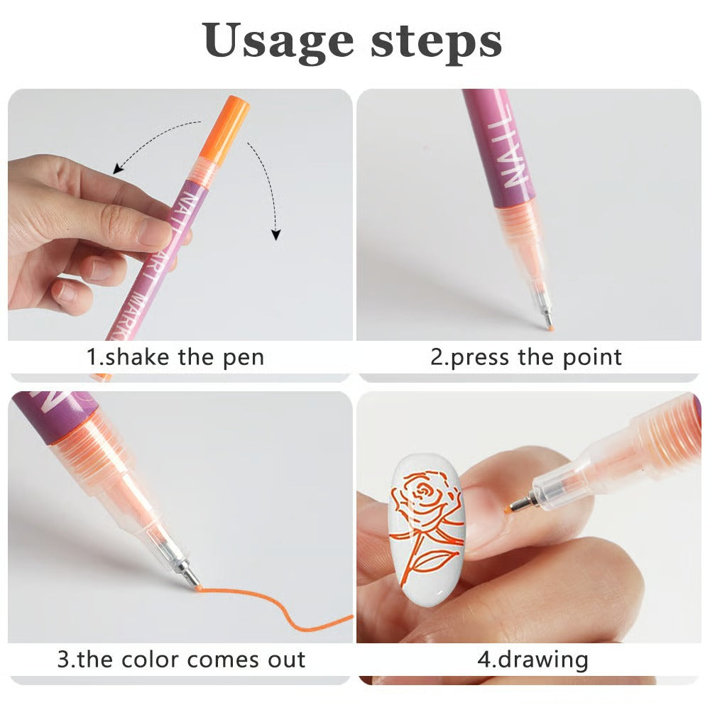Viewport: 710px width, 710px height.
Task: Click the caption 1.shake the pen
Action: click(x=175, y=357)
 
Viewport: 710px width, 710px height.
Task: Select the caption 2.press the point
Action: click(x=526, y=357)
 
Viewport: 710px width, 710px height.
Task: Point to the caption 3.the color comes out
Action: click(x=181, y=659)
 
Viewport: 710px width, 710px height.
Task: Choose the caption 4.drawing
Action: click(x=532, y=659)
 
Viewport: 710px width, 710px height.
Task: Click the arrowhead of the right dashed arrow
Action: click(x=276, y=235)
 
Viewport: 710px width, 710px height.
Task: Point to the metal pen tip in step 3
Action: click(x=186, y=574)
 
